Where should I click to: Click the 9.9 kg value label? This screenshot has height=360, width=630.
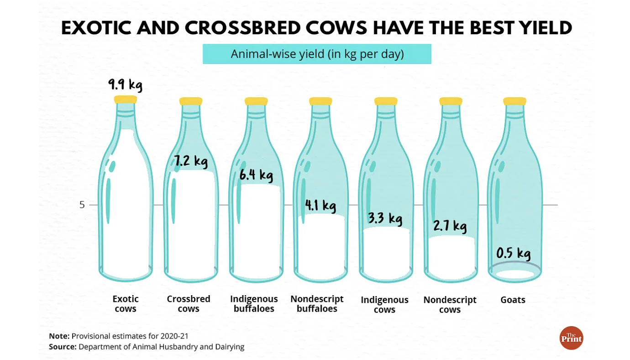click(x=125, y=85)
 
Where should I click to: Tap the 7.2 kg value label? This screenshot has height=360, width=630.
click(x=191, y=161)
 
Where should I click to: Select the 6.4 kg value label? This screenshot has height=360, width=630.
click(x=256, y=175)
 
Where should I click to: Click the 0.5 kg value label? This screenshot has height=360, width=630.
click(x=513, y=254)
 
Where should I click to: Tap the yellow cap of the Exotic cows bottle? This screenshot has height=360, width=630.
click(x=126, y=100)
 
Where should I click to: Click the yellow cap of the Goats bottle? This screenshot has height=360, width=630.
click(x=514, y=101)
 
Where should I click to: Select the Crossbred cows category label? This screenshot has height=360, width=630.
click(x=189, y=304)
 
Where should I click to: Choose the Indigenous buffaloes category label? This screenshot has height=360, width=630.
click(x=254, y=304)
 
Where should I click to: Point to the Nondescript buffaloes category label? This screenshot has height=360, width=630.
click(x=317, y=304)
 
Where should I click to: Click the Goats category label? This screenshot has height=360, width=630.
click(x=513, y=300)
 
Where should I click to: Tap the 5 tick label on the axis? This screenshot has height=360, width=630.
click(x=82, y=205)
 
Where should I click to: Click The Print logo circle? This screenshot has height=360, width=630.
click(x=571, y=338)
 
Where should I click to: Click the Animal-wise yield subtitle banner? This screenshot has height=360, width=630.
click(x=317, y=54)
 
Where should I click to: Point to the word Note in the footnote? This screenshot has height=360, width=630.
click(x=59, y=336)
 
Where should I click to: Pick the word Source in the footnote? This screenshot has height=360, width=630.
click(x=63, y=347)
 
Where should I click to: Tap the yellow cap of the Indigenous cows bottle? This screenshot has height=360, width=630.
click(x=386, y=101)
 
